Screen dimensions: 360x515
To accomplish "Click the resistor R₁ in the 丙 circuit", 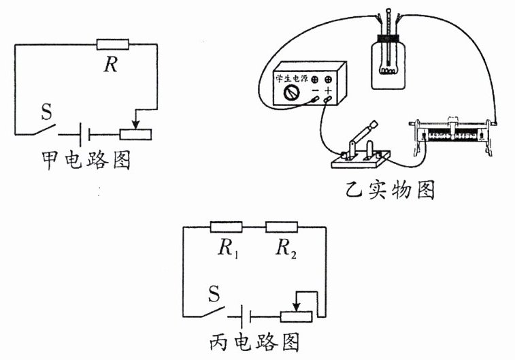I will click(227, 227).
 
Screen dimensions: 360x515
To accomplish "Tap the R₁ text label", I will click(227, 249).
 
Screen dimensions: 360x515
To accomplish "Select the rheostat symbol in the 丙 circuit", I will click(296, 316).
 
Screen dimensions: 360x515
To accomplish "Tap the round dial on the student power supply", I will click(293, 94).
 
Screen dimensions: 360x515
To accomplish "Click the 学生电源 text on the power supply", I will click(293, 78).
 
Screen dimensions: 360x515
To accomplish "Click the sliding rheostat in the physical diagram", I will click(452, 135).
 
